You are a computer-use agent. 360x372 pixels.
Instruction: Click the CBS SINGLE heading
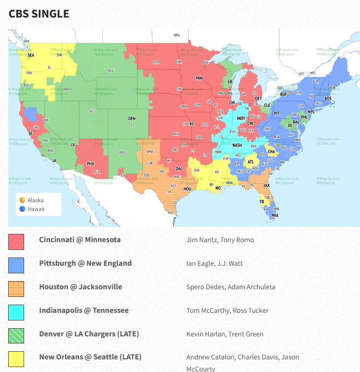[39, 14]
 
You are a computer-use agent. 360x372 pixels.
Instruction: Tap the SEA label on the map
[31, 55]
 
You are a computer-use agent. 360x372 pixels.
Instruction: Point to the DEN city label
[132, 118]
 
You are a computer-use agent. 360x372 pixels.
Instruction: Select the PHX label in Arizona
[91, 163]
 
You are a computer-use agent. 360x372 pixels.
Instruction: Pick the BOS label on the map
[328, 99]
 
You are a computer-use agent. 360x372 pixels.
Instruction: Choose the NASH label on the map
[237, 145]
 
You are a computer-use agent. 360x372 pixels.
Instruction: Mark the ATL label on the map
[251, 162]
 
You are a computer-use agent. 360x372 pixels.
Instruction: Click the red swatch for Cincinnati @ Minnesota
[16, 241]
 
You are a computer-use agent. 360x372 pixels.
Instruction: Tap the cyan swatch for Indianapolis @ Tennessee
[16, 311]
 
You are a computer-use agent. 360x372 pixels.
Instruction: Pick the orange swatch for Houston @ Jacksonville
[16, 288]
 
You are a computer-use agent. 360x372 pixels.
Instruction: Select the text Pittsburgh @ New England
[85, 264]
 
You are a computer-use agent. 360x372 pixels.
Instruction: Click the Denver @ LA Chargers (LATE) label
[89, 334]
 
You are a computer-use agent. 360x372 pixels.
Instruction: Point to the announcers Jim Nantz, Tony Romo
[220, 240]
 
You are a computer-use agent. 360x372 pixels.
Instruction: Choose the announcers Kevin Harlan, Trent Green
[225, 334]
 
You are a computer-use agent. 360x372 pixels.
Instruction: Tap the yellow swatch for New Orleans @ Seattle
[16, 358]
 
